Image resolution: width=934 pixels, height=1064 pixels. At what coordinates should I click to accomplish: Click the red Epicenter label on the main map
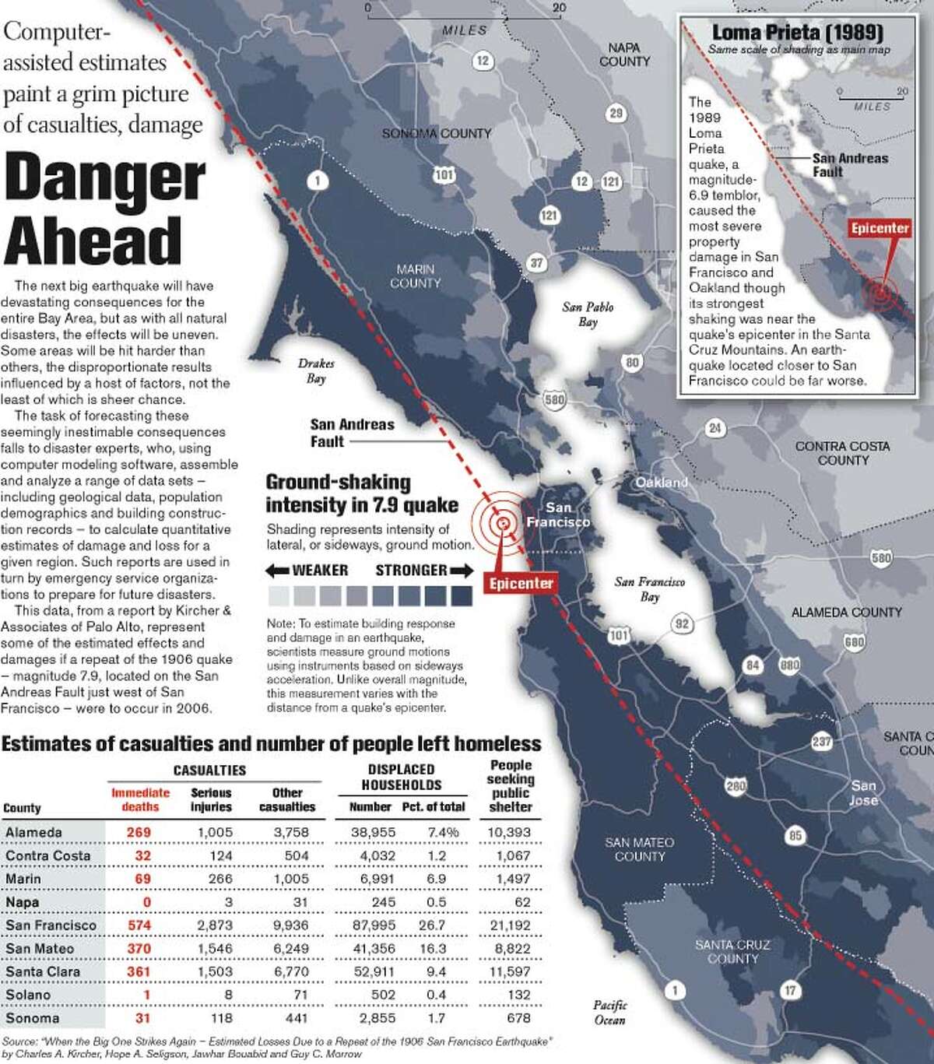tap(521, 584)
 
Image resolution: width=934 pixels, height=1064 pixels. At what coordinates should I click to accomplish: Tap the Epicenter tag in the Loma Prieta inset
tap(880, 228)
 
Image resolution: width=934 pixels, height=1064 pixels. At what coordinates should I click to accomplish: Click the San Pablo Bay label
tap(588, 314)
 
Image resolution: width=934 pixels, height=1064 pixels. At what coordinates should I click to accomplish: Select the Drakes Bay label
tap(316, 371)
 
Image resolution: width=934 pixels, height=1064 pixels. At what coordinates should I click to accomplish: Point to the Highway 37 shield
tap(536, 263)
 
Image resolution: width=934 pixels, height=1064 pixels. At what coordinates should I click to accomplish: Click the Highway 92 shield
tap(682, 623)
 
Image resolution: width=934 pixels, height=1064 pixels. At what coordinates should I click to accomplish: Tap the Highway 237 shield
tap(822, 741)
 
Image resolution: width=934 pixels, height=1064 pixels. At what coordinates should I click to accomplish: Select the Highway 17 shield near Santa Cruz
tap(790, 990)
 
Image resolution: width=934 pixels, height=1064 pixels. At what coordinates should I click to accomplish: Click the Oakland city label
tap(661, 483)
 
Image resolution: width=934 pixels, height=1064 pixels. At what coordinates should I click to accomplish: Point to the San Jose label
tap(863, 792)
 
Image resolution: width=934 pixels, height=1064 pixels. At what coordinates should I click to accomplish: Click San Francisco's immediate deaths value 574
tap(139, 925)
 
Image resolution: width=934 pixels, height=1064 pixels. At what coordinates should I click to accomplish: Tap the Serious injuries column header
tap(211, 799)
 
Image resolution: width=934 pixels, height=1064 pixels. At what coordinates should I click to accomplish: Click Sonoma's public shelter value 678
tap(518, 1018)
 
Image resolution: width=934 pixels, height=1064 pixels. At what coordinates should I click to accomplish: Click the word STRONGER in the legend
tap(411, 571)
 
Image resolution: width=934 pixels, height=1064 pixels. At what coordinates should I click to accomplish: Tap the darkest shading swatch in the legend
tap(462, 596)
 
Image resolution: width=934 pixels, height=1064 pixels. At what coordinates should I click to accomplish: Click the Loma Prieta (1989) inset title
tap(797, 33)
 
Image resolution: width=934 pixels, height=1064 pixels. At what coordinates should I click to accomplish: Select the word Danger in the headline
tap(105, 179)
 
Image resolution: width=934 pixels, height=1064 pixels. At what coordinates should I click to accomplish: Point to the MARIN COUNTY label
tap(415, 276)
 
